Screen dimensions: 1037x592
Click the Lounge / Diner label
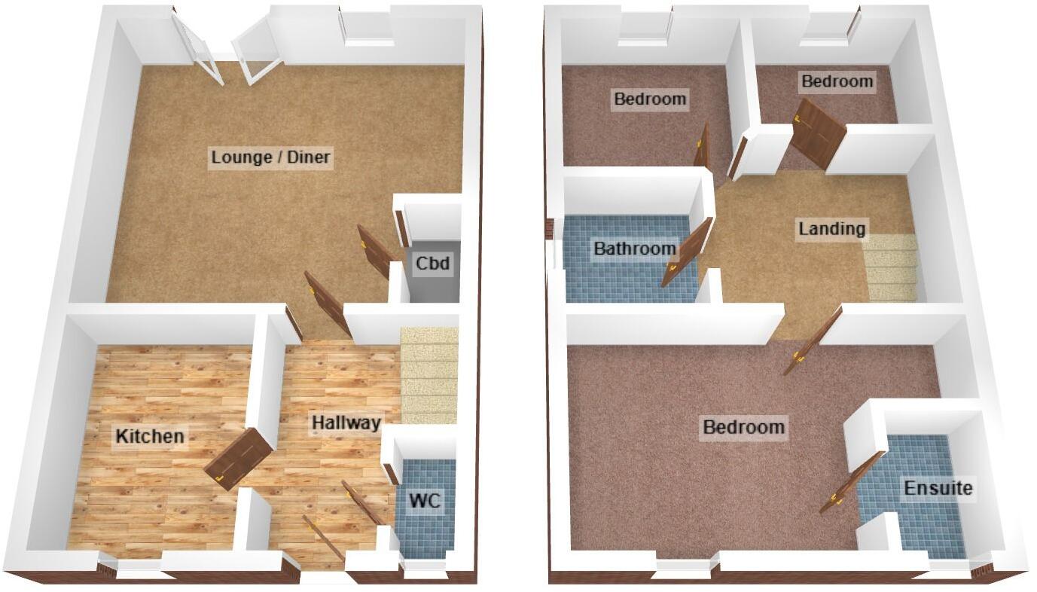271,157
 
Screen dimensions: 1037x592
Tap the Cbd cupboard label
433,264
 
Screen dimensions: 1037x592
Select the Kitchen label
149,435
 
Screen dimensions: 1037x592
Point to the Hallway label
346,423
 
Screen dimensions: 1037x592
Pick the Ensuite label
938,488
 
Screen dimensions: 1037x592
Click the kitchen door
237,457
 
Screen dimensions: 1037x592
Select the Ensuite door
851,483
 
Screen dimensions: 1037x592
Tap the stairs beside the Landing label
891,267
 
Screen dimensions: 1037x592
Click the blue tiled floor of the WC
427,527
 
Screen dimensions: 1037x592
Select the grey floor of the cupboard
433,286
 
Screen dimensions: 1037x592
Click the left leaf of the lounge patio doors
197,50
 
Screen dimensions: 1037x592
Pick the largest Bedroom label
743,428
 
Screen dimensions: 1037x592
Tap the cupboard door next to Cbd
374,252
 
